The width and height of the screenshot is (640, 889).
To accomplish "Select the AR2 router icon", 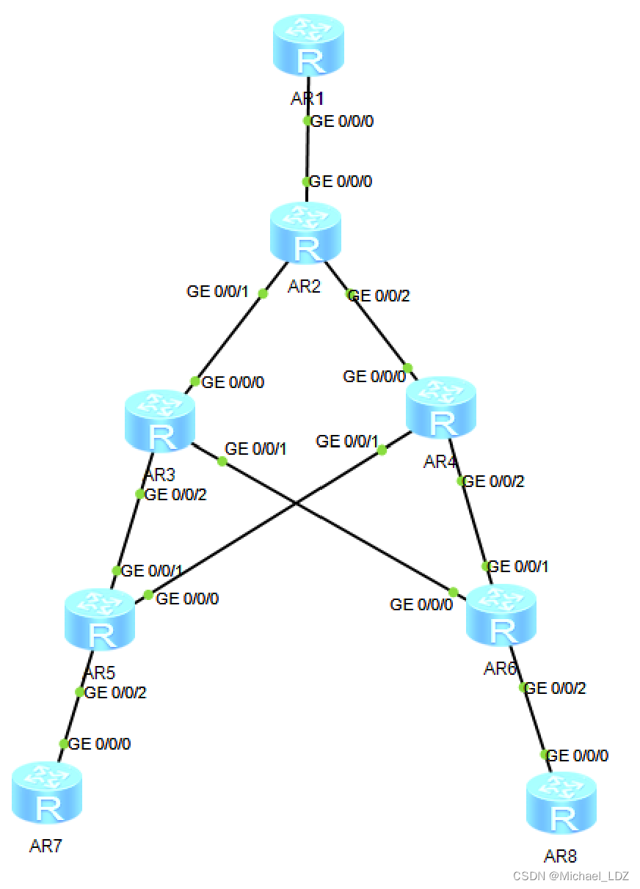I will (305, 233).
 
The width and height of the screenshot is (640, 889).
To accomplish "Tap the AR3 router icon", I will (160, 420).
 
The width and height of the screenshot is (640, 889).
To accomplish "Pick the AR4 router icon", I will (440, 407).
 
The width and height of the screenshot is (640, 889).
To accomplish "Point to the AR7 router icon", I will (47, 792).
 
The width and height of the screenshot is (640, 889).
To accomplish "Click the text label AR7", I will (46, 846).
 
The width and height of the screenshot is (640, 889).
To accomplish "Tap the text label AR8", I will (560, 856).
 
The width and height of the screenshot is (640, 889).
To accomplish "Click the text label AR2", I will (304, 286).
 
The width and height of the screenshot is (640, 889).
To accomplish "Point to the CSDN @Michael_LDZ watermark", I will (570, 877).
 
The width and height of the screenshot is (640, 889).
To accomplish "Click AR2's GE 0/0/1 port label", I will (218, 292).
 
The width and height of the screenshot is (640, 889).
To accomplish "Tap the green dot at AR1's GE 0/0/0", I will (308, 121).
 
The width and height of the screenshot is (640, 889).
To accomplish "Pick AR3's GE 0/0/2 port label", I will (176, 495).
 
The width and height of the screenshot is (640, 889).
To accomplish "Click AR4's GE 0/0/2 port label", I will (494, 482).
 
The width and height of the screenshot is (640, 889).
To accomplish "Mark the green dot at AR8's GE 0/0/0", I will (545, 754).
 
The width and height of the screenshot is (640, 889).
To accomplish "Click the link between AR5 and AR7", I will (72, 718).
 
